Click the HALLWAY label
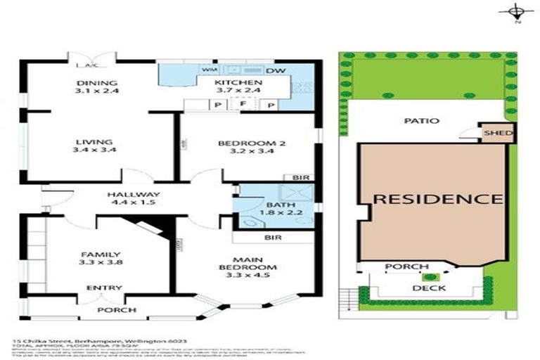click(x=132, y=195)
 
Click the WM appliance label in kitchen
click(x=208, y=71)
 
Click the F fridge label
click(x=242, y=104)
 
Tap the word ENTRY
click(x=103, y=288)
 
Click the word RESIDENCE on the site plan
click(x=437, y=198)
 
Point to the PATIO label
click(x=422, y=120)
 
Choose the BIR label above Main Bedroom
click(x=274, y=238)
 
